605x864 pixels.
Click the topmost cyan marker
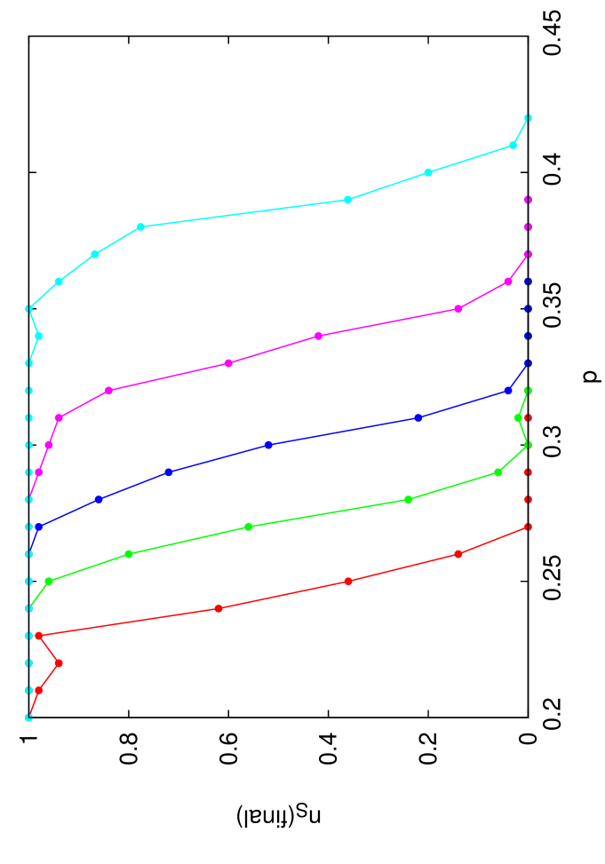[528, 118]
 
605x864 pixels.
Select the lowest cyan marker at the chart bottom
[29, 717]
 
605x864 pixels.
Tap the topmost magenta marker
[528, 200]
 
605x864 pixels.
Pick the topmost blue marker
[528, 281]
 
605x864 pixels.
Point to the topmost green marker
[528, 391]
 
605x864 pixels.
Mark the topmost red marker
[528, 417]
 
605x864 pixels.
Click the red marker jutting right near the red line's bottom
[59, 662]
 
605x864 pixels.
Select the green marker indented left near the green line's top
[518, 417]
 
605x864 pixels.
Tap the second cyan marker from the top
[513, 145]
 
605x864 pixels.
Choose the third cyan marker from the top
[428, 172]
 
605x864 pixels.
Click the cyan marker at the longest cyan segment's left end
[140, 226]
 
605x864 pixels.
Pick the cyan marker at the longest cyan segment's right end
[347, 200]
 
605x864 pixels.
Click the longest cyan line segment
[244, 213]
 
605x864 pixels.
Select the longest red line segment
[129, 622]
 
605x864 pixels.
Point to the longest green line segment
[328, 513]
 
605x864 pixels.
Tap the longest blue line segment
[343, 431]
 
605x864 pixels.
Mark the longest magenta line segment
[388, 322]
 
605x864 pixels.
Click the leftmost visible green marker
[49, 581]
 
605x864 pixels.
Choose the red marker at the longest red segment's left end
[39, 635]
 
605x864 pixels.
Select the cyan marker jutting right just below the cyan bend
[38, 336]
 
